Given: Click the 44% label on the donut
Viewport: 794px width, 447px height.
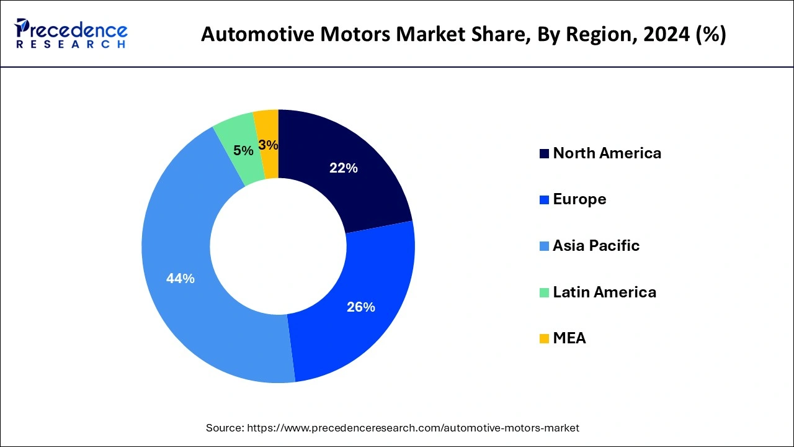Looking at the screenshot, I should pyautogui.click(x=180, y=279).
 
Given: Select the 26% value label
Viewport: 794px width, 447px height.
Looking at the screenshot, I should pyautogui.click(x=360, y=307).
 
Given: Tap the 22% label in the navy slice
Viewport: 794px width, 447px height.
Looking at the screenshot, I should pyautogui.click(x=343, y=168).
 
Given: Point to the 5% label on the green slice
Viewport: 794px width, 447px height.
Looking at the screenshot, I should pyautogui.click(x=243, y=150).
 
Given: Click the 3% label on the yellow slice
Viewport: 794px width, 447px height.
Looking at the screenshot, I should pyautogui.click(x=268, y=145).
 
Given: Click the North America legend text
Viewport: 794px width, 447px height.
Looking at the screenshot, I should pyautogui.click(x=607, y=153).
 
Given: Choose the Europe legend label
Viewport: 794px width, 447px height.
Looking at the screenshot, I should pyautogui.click(x=579, y=199).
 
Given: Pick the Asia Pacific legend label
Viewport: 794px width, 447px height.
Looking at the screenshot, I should pyautogui.click(x=595, y=245).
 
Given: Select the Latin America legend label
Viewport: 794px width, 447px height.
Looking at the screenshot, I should pyautogui.click(x=604, y=292).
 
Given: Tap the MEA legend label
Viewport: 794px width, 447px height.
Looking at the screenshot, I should pyautogui.click(x=569, y=338).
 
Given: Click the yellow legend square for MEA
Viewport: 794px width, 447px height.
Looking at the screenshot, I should pyautogui.click(x=544, y=338).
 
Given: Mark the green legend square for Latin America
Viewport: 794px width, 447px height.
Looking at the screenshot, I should pyautogui.click(x=544, y=292).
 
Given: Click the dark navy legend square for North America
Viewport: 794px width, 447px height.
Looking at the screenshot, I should pyautogui.click(x=544, y=153).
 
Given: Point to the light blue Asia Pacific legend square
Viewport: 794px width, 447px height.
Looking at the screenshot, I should pyautogui.click(x=544, y=246).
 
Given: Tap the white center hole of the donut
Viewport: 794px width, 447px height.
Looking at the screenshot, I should pyautogui.click(x=278, y=246).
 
